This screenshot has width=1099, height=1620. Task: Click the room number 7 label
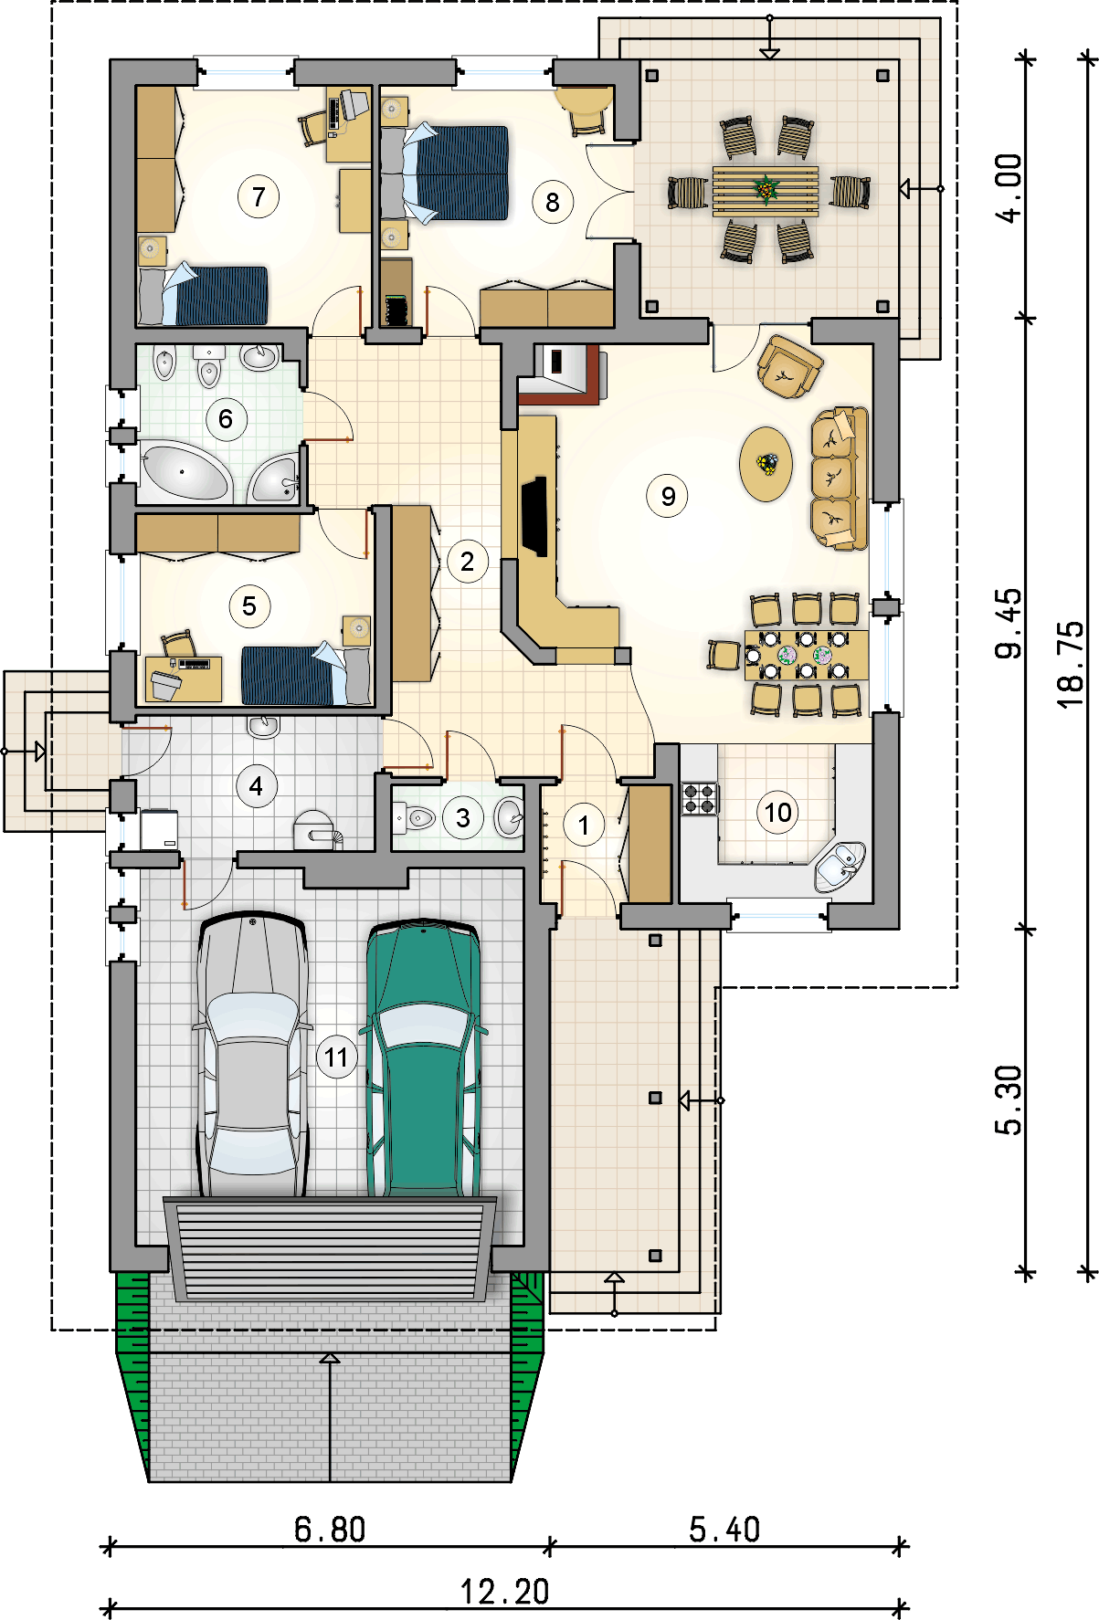259,196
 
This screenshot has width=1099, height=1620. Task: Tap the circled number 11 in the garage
337,1057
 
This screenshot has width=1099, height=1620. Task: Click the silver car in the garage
251,1055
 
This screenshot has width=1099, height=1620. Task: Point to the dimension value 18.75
1071,664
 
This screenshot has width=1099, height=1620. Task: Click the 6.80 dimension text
330,1530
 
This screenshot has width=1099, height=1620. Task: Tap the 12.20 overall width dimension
504,1592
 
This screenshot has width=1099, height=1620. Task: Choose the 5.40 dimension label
724,1530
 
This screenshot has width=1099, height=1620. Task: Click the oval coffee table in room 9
766,464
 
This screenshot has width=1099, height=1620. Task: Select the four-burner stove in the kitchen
700,798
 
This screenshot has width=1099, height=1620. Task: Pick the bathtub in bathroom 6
184,471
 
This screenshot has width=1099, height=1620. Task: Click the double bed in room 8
444,174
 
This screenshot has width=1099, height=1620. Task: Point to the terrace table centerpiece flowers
766,189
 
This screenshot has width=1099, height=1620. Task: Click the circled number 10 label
777,812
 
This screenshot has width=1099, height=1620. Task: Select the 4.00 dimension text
1009,188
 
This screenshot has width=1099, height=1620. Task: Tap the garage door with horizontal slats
331,1248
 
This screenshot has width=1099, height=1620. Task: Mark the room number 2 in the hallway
468,562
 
